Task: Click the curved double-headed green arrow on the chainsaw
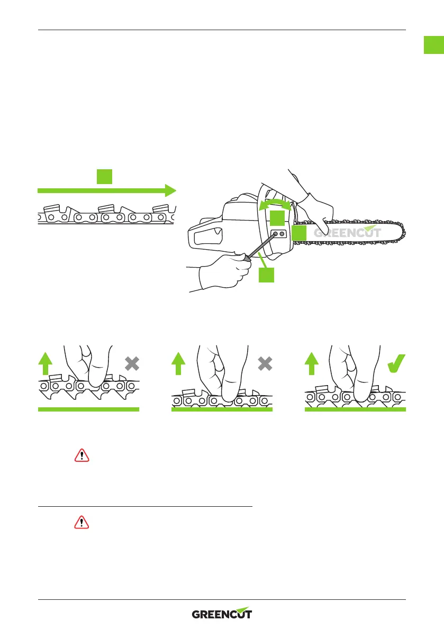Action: pyautogui.click(x=274, y=204)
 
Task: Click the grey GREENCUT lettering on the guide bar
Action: pyautogui.click(x=347, y=233)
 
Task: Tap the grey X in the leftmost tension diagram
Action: pyautogui.click(x=133, y=363)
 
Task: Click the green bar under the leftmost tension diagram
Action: pyautogui.click(x=88, y=409)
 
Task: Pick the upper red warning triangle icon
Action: pyautogui.click(x=81, y=455)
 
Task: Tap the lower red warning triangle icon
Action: pyautogui.click(x=81, y=523)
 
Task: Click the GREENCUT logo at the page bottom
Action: pyautogui.click(x=222, y=614)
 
